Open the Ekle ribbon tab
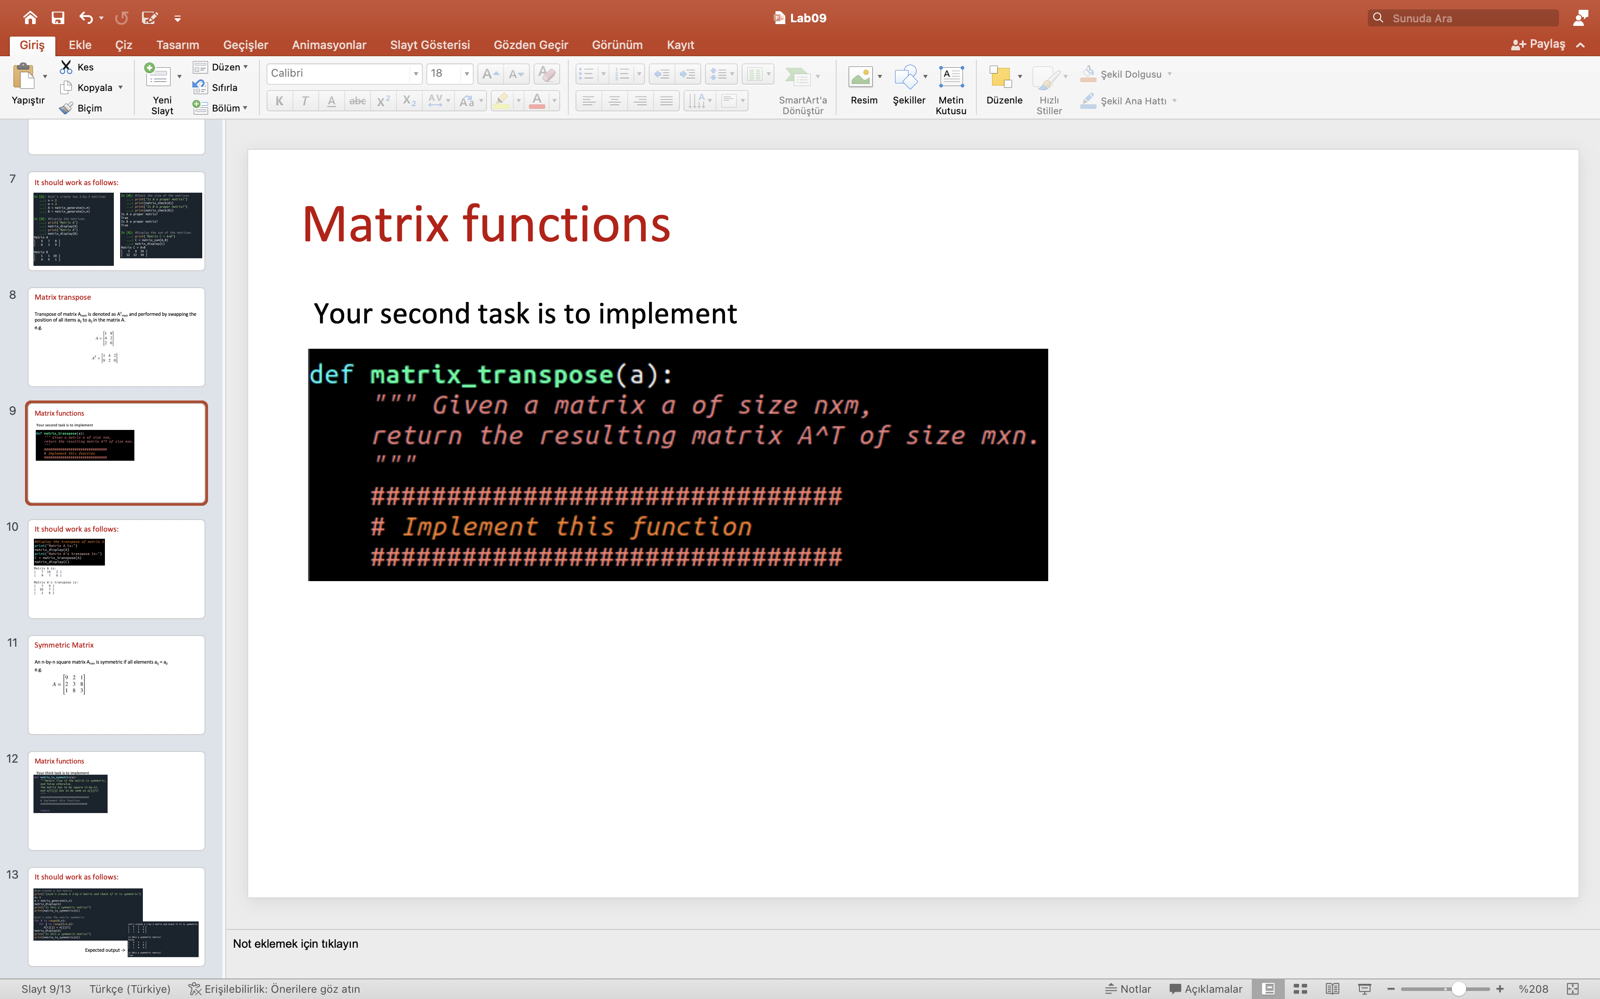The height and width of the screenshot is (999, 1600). [x=80, y=45]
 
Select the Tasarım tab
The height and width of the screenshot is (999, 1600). [x=177, y=45]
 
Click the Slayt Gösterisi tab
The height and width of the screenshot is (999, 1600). [x=430, y=45]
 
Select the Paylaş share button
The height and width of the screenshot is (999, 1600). [x=1538, y=44]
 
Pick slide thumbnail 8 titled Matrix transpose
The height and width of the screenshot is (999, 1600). [x=117, y=337]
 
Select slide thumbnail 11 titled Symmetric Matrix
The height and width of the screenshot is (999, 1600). [x=117, y=685]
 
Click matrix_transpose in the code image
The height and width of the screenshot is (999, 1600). [x=491, y=375]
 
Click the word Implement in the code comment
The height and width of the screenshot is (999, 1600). [x=470, y=527]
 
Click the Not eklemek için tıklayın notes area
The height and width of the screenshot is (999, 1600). [x=296, y=944]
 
